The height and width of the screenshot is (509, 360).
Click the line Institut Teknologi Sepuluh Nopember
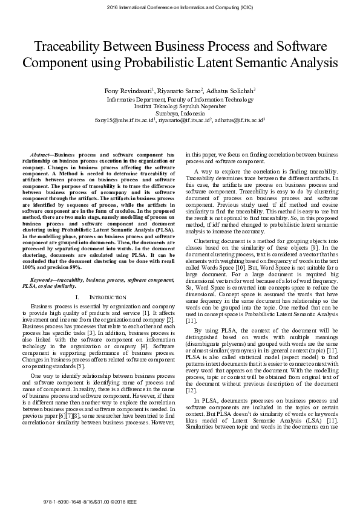click(180, 106)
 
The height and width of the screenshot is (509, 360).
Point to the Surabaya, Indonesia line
click(180, 113)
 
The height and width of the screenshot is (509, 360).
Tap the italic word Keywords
click(42, 280)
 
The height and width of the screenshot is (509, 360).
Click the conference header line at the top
click(180, 7)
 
